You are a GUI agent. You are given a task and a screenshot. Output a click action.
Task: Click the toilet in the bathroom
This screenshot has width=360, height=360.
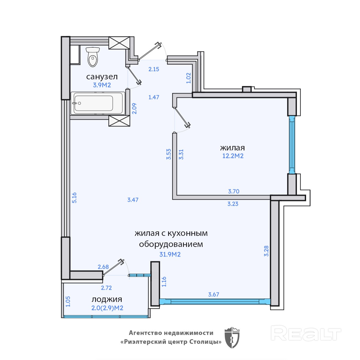click(x=92, y=57)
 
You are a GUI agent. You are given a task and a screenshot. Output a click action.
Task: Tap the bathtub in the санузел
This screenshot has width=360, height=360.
click(x=98, y=103)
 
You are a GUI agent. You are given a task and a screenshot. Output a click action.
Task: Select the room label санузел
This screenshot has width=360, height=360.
click(x=102, y=77)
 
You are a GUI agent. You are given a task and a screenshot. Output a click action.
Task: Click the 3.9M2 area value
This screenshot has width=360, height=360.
click(x=102, y=85)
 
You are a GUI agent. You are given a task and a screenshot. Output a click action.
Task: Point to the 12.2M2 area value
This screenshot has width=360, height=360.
click(x=233, y=156)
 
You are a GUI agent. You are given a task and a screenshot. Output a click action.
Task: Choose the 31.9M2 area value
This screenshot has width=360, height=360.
click(x=170, y=254)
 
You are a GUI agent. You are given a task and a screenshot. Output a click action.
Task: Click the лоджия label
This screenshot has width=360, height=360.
click(x=107, y=299)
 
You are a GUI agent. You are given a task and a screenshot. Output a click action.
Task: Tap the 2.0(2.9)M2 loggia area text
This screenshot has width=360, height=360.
click(x=107, y=308)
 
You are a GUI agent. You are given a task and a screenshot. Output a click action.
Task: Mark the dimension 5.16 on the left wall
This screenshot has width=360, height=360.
click(x=74, y=198)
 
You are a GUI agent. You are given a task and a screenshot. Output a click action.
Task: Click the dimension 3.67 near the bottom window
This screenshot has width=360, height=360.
click(x=213, y=294)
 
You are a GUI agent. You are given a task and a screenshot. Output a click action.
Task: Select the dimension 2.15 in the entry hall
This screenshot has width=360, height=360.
click(x=154, y=69)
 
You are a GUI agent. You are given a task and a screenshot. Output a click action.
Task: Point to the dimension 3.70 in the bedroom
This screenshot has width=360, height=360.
click(x=234, y=191)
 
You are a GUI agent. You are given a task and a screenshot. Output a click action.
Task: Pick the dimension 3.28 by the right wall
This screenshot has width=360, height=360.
click(x=266, y=251)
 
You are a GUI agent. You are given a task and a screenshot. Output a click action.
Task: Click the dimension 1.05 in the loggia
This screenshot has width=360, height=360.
click(x=68, y=301)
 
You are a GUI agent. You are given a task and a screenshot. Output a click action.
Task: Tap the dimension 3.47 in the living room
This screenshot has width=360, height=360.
click(x=133, y=200)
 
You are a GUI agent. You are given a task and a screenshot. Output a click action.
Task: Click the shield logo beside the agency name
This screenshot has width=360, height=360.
click(x=232, y=340)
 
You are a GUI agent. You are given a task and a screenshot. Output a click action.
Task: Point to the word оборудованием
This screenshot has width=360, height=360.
click(x=171, y=244)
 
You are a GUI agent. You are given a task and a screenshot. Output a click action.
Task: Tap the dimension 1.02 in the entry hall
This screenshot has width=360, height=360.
click(x=189, y=78)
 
